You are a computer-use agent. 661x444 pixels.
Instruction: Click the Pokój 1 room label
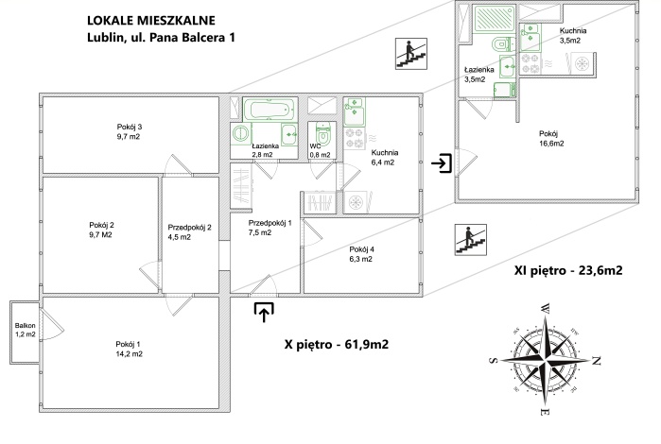[129, 349]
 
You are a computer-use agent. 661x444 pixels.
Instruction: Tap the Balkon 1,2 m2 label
[26, 330]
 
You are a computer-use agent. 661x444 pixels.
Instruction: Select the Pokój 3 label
[129, 131]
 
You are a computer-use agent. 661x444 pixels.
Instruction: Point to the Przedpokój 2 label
[189, 232]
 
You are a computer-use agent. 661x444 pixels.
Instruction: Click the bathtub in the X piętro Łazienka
[270, 110]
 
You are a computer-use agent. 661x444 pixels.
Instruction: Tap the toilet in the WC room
[323, 133]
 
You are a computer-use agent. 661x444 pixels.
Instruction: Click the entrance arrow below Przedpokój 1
[264, 312]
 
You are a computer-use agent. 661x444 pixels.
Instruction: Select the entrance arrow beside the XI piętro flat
[442, 163]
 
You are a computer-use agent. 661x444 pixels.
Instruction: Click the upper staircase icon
[411, 54]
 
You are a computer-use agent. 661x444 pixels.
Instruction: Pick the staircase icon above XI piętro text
[471, 240]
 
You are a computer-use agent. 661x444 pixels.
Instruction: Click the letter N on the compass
[596, 361]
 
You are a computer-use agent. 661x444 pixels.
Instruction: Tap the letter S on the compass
[494, 360]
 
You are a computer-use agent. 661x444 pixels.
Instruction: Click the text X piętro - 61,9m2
[337, 345]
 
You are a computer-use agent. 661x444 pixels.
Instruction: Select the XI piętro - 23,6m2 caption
[568, 270]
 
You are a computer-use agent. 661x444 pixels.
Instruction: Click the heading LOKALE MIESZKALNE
[151, 20]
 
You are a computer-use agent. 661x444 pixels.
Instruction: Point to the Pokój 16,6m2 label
[551, 139]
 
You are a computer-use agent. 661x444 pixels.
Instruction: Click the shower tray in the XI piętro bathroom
[495, 19]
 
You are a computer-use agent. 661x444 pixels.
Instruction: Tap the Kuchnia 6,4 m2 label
[385, 157]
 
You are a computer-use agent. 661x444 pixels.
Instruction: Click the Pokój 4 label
[361, 254]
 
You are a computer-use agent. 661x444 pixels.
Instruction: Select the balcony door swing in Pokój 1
[51, 323]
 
